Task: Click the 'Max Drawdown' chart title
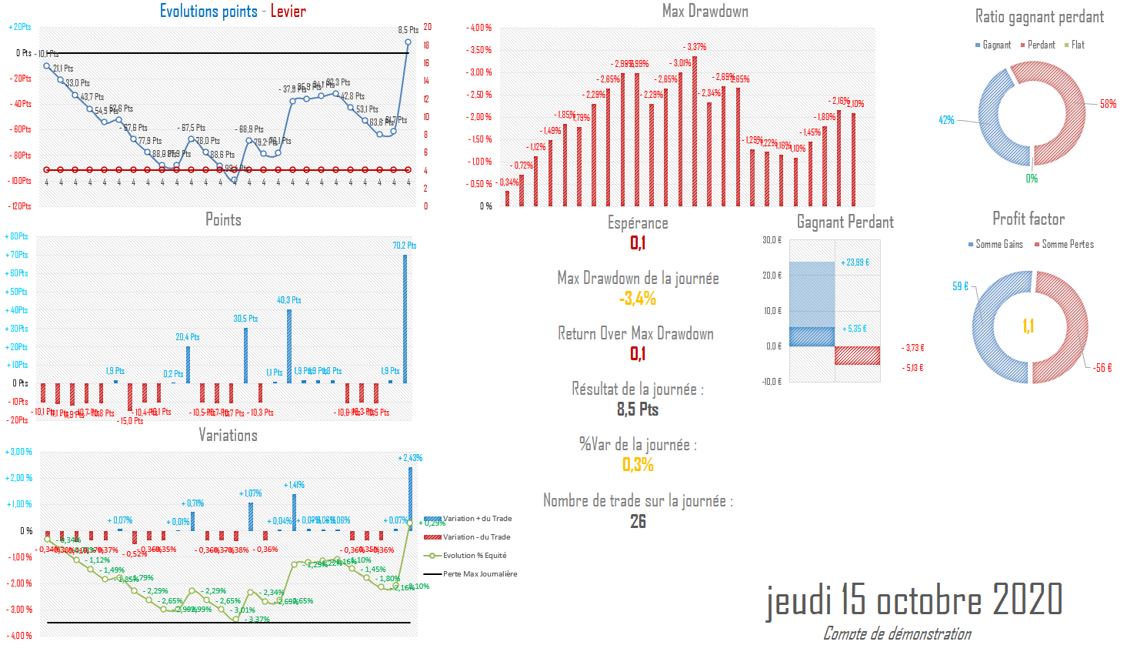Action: [x=705, y=11]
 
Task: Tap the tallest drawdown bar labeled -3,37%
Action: [x=695, y=131]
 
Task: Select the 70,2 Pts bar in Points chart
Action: [x=405, y=319]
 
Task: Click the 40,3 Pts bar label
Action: [x=289, y=300]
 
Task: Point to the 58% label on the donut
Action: [x=1108, y=104]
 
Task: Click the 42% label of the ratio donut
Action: [x=946, y=120]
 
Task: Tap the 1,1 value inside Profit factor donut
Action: [x=1028, y=326]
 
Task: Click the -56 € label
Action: [x=1102, y=368]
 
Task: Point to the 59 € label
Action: [x=960, y=286]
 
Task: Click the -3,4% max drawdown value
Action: [x=638, y=299]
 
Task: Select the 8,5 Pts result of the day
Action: [x=638, y=409]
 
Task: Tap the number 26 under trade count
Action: [x=638, y=521]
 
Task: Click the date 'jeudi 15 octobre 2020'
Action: [x=914, y=600]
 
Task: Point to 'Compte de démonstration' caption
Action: [x=897, y=633]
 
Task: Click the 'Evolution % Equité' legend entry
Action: [x=474, y=556]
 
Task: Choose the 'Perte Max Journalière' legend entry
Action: [x=479, y=574]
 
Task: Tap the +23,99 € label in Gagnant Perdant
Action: [x=855, y=262]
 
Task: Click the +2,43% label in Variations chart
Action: [x=410, y=458]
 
